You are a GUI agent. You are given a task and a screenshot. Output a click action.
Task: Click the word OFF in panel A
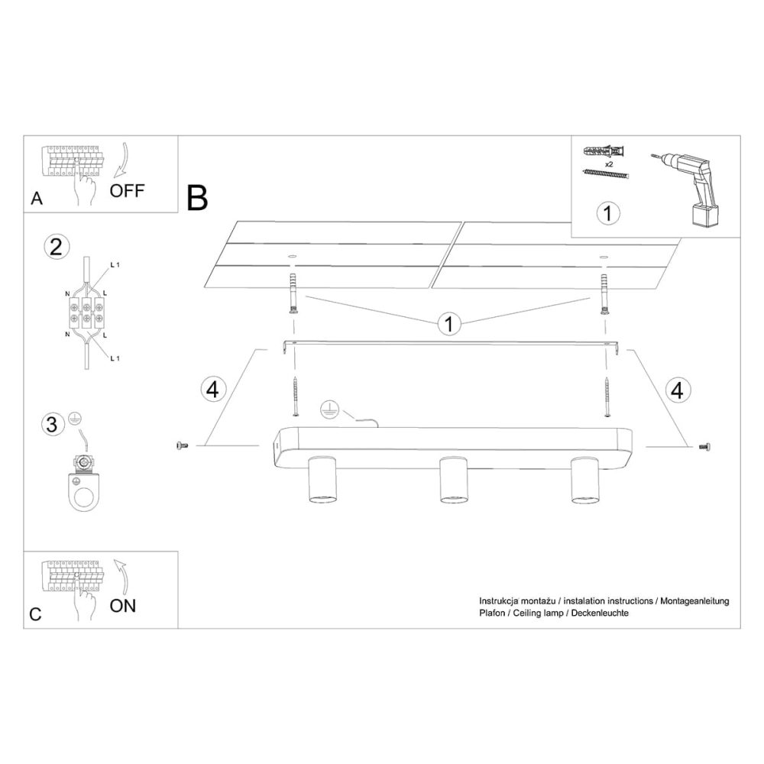[x=127, y=190]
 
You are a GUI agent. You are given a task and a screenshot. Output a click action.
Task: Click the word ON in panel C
[x=123, y=606]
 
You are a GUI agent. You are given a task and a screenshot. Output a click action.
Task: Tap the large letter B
[x=197, y=198]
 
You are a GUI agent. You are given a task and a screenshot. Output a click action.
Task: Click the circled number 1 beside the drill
[x=608, y=213]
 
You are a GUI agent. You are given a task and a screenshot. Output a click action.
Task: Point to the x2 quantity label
[x=609, y=164]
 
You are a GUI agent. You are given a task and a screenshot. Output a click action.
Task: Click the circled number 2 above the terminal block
[x=57, y=247]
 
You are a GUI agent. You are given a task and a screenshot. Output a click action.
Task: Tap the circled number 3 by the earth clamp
[x=52, y=423]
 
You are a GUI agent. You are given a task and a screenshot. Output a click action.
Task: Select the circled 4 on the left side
[x=213, y=390]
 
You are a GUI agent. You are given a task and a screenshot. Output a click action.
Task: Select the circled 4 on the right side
[x=677, y=390]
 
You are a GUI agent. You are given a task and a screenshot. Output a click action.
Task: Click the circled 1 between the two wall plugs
[x=448, y=323]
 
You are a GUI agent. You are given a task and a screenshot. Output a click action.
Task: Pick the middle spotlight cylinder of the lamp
[x=454, y=480]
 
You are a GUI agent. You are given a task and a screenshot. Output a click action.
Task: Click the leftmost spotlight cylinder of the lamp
[x=322, y=480]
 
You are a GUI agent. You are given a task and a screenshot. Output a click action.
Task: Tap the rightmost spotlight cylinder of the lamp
[x=585, y=480]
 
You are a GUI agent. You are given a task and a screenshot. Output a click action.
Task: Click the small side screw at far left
[x=183, y=445]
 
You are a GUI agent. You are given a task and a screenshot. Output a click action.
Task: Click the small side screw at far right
[x=704, y=445]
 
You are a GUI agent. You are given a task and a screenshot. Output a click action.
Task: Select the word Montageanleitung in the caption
[x=694, y=601]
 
